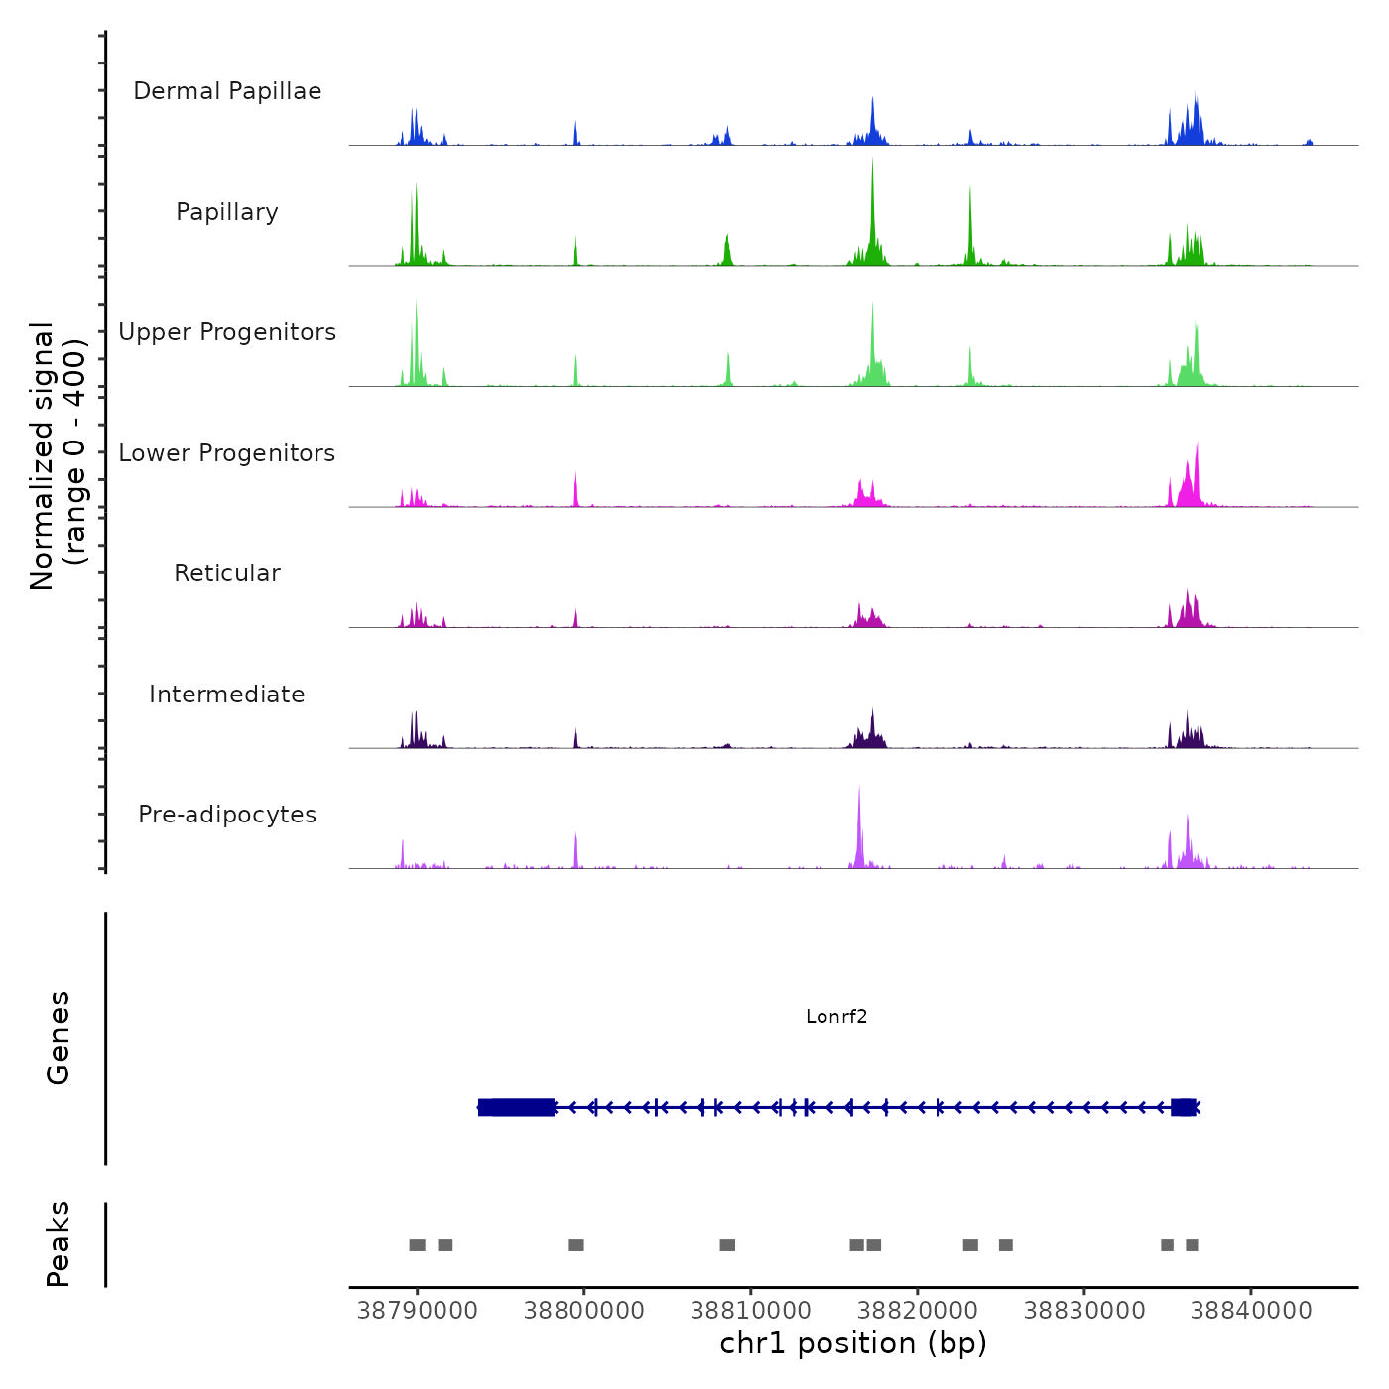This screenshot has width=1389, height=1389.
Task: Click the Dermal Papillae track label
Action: click(x=227, y=91)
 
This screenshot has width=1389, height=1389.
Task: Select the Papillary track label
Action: click(x=227, y=212)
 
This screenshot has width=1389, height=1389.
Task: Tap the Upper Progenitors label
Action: click(x=227, y=332)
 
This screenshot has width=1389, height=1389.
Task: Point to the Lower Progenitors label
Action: click(x=227, y=453)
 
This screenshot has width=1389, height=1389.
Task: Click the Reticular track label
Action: click(x=227, y=573)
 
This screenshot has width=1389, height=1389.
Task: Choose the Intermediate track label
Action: click(x=227, y=694)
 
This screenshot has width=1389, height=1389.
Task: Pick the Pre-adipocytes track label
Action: click(x=227, y=815)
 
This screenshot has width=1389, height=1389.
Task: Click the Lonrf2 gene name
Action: click(x=836, y=1016)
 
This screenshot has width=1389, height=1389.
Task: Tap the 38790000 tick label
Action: click(x=417, y=1310)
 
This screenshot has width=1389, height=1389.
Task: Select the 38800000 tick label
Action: click(x=583, y=1310)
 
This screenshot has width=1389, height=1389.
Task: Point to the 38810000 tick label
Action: click(x=751, y=1310)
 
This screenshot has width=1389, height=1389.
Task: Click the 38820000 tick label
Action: click(x=918, y=1310)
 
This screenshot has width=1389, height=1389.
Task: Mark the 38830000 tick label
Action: click(x=1084, y=1310)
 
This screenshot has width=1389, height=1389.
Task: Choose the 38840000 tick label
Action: click(x=1251, y=1310)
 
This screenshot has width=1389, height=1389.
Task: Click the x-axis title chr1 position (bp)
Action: click(x=853, y=1343)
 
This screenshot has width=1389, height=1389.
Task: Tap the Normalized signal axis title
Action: click(x=58, y=456)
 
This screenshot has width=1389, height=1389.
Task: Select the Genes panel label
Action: click(x=59, y=1038)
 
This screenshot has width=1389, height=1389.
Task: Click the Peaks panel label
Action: click(x=59, y=1244)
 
